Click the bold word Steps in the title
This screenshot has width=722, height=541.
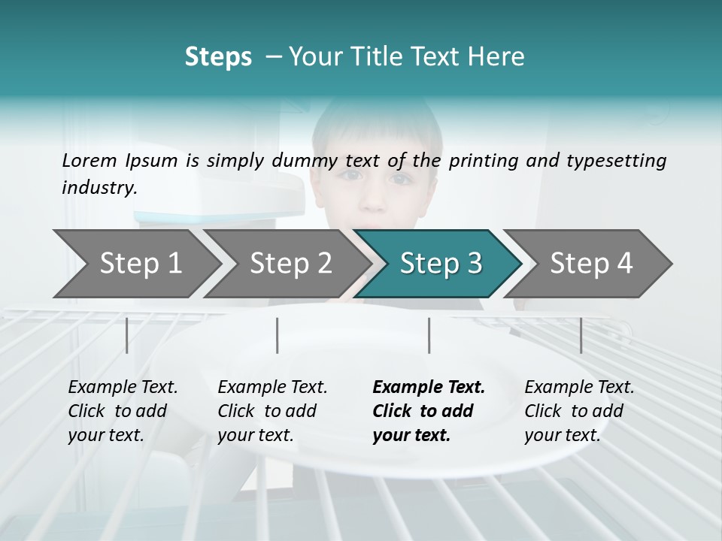(218, 56)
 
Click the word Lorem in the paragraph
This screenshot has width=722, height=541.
(86, 160)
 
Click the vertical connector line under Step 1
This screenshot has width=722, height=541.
(127, 335)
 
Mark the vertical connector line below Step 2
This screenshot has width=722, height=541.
(278, 335)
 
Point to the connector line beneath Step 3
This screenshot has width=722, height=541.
(429, 335)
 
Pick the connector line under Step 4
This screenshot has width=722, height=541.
(581, 335)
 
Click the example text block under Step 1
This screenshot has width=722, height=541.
(123, 411)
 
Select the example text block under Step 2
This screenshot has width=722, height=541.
(272, 411)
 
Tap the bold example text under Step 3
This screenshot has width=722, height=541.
(429, 411)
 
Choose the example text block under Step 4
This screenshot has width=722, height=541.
(579, 411)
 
